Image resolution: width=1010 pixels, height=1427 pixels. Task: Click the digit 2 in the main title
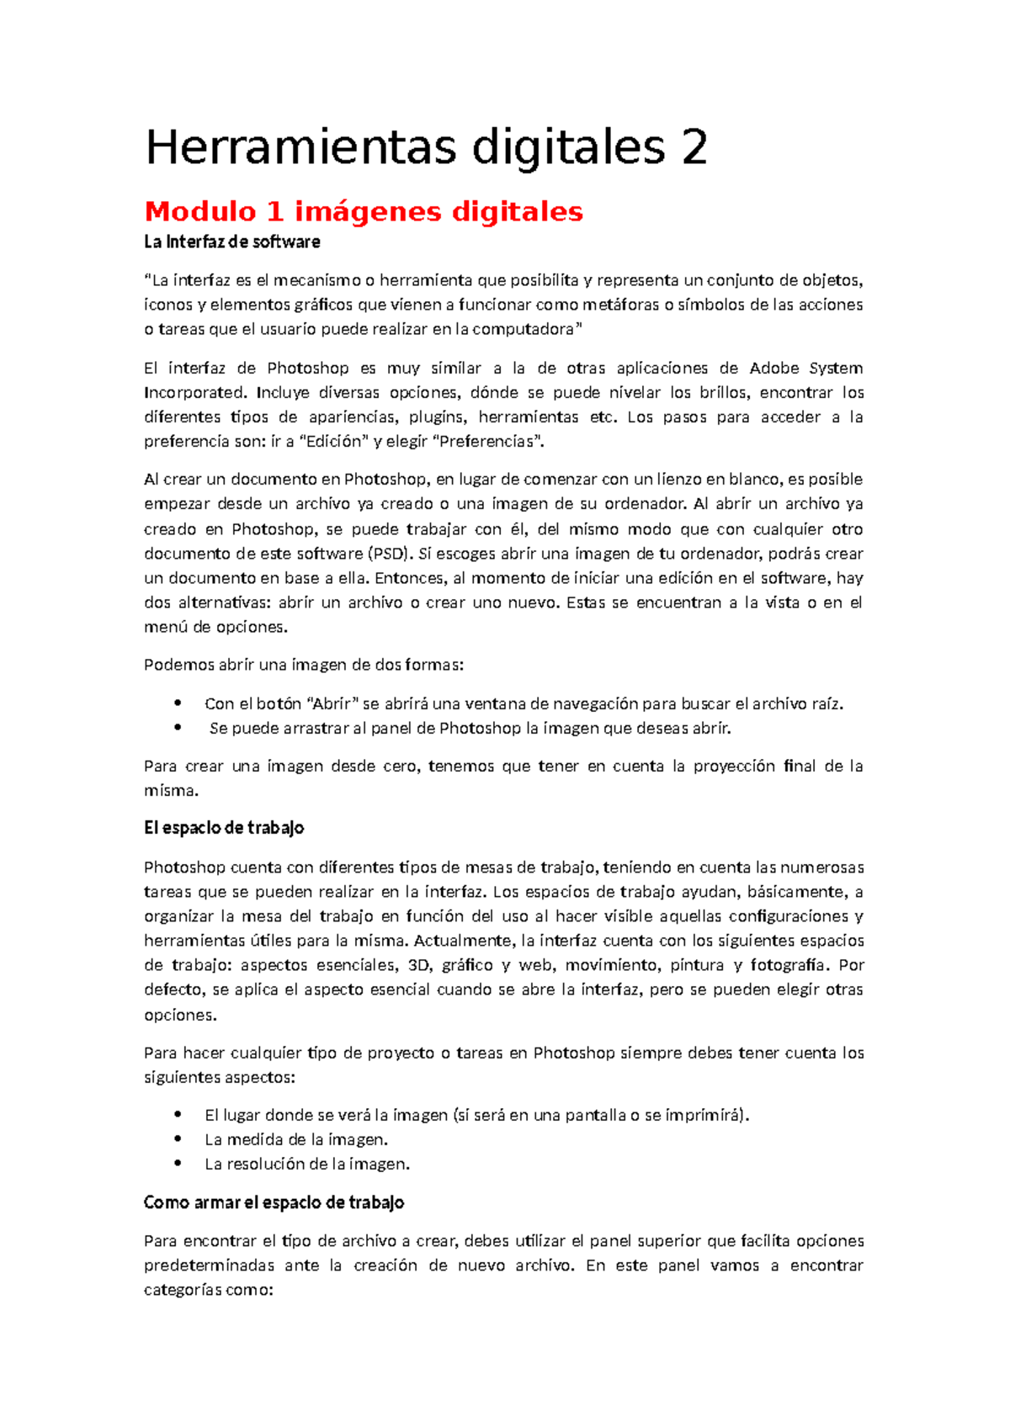click(694, 148)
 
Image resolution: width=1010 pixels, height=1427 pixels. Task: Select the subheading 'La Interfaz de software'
click(231, 242)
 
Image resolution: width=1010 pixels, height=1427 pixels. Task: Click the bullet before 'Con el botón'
click(177, 703)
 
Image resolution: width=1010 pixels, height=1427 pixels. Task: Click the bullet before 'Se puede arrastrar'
click(177, 728)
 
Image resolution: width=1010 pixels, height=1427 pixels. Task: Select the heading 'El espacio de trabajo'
click(224, 828)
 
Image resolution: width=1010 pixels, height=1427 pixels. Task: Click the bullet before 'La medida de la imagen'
click(177, 1139)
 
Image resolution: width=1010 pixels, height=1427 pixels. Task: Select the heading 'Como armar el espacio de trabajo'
click(274, 1202)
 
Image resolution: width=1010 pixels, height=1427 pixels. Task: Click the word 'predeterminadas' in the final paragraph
click(209, 1265)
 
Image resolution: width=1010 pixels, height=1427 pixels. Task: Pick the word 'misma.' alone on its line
click(171, 791)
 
